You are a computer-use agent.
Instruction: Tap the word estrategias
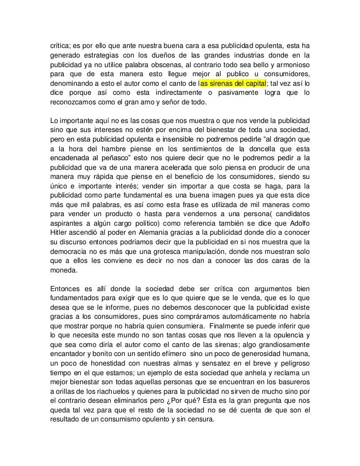point(100,55)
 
